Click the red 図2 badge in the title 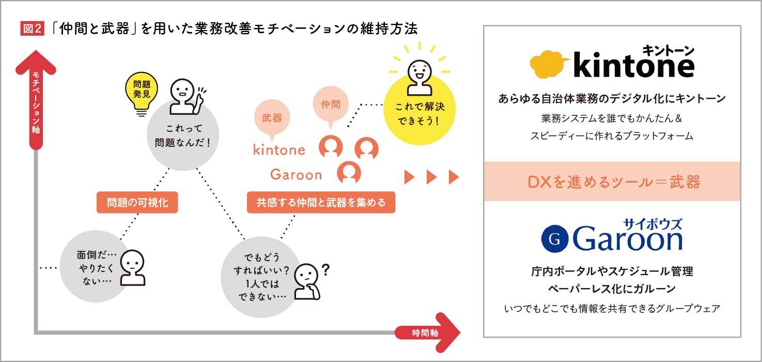32,29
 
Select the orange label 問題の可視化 137,202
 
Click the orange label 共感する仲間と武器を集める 321,202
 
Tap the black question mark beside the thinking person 325,270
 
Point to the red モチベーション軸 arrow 36,98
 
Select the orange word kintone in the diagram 279,150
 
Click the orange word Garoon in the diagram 296,175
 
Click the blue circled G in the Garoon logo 555,239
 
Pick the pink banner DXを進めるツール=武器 612,182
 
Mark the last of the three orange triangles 454,177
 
